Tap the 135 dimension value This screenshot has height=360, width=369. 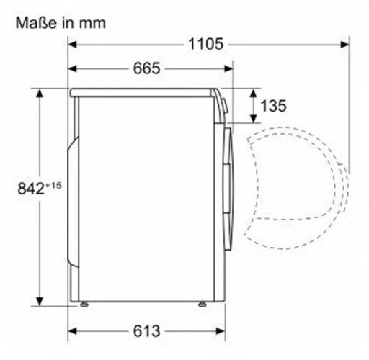click(x=273, y=106)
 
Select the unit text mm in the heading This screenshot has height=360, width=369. click(x=94, y=22)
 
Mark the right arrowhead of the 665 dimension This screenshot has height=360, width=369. click(x=229, y=68)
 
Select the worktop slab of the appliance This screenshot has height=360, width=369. click(x=144, y=91)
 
